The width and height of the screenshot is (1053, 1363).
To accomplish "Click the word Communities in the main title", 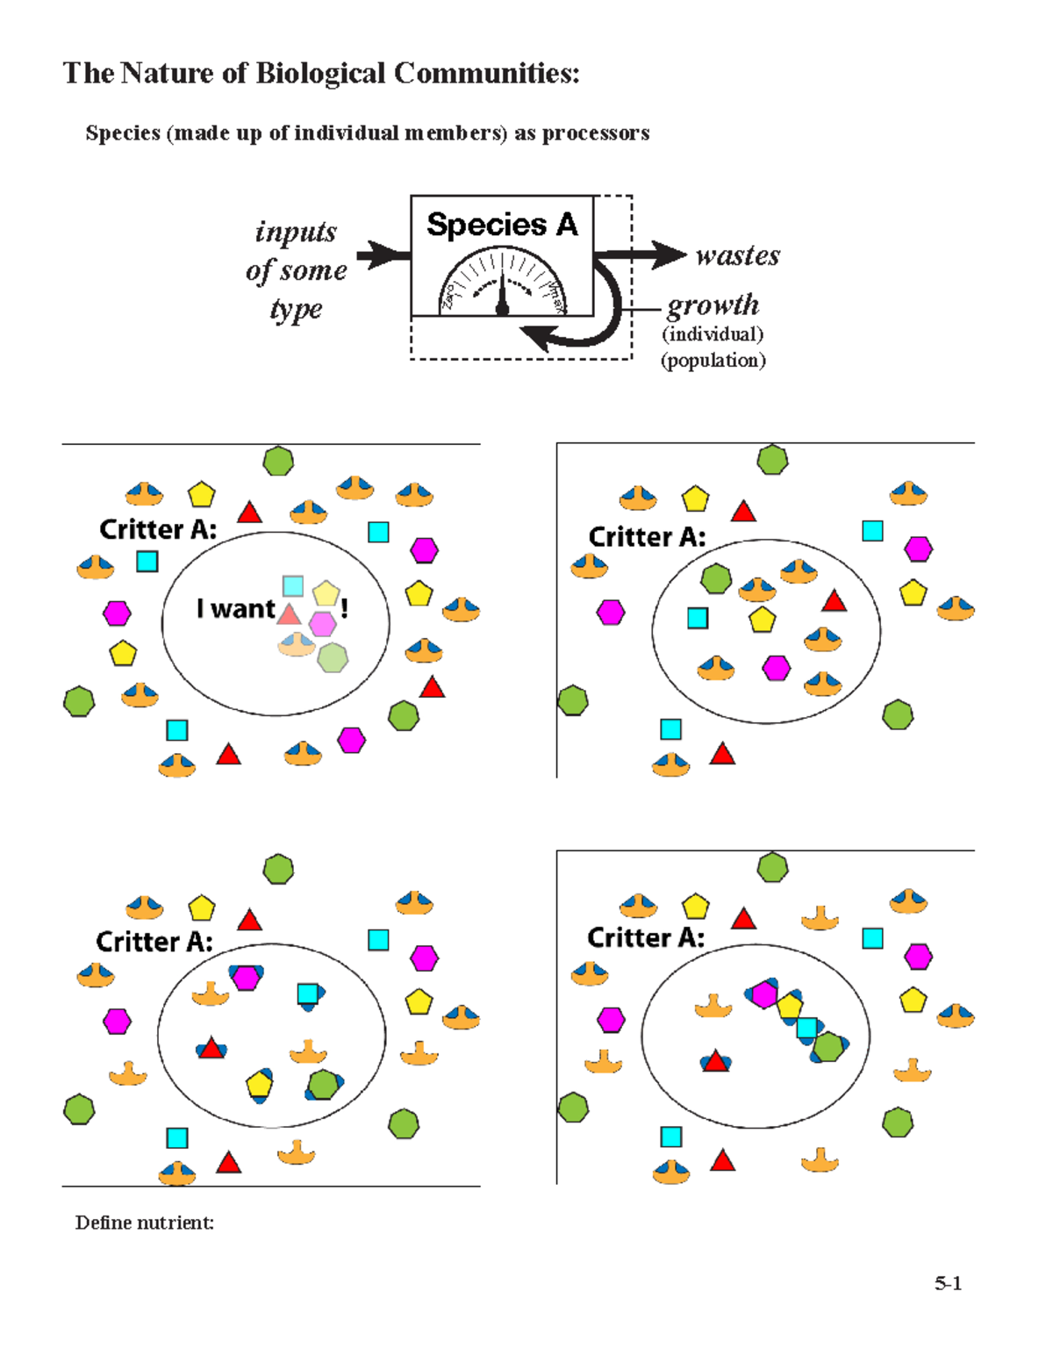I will coord(486,74).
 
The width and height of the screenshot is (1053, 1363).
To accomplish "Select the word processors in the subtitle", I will coord(595,133).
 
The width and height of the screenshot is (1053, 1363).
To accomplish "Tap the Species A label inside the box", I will coord(502,225).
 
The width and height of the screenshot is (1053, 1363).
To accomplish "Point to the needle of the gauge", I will coord(502,294).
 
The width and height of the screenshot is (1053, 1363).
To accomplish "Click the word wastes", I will coord(737,255).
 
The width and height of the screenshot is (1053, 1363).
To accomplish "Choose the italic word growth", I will coord(713,305).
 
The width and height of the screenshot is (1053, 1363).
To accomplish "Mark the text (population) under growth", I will coord(713,360).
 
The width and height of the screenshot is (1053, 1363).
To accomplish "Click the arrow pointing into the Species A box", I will coord(383,255).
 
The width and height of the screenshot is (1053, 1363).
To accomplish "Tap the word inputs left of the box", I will coord(296,232).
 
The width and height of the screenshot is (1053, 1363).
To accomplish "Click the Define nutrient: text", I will coord(145,1223).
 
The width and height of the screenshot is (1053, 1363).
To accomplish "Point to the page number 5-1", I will coord(948,1283).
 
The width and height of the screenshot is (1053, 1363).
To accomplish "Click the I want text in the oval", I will coord(235,608).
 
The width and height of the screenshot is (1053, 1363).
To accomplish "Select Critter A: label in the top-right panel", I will coord(647,536).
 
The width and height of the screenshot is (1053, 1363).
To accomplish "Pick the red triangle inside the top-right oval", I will coord(834,601).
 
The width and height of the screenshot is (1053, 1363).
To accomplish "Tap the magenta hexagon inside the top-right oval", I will coord(776,668).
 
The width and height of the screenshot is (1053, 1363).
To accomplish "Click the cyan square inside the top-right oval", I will coord(698,618).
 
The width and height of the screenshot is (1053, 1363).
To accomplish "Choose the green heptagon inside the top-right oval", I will coord(716,578).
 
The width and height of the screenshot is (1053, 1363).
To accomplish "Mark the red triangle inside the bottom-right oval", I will coord(716,1061).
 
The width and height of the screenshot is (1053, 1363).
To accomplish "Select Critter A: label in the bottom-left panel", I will coord(154,942).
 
